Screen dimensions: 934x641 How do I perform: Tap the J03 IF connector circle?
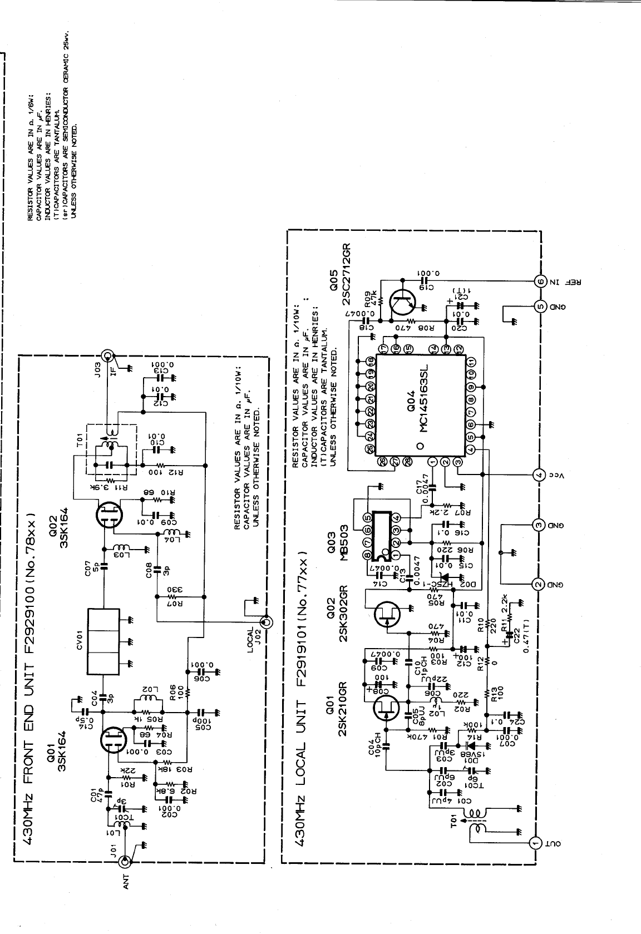pyautogui.click(x=107, y=355)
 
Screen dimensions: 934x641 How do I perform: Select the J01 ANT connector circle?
pyautogui.click(x=126, y=862)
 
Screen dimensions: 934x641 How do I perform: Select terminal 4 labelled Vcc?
pyautogui.click(x=538, y=475)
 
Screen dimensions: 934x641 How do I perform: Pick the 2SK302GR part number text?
pyautogui.click(x=345, y=612)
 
